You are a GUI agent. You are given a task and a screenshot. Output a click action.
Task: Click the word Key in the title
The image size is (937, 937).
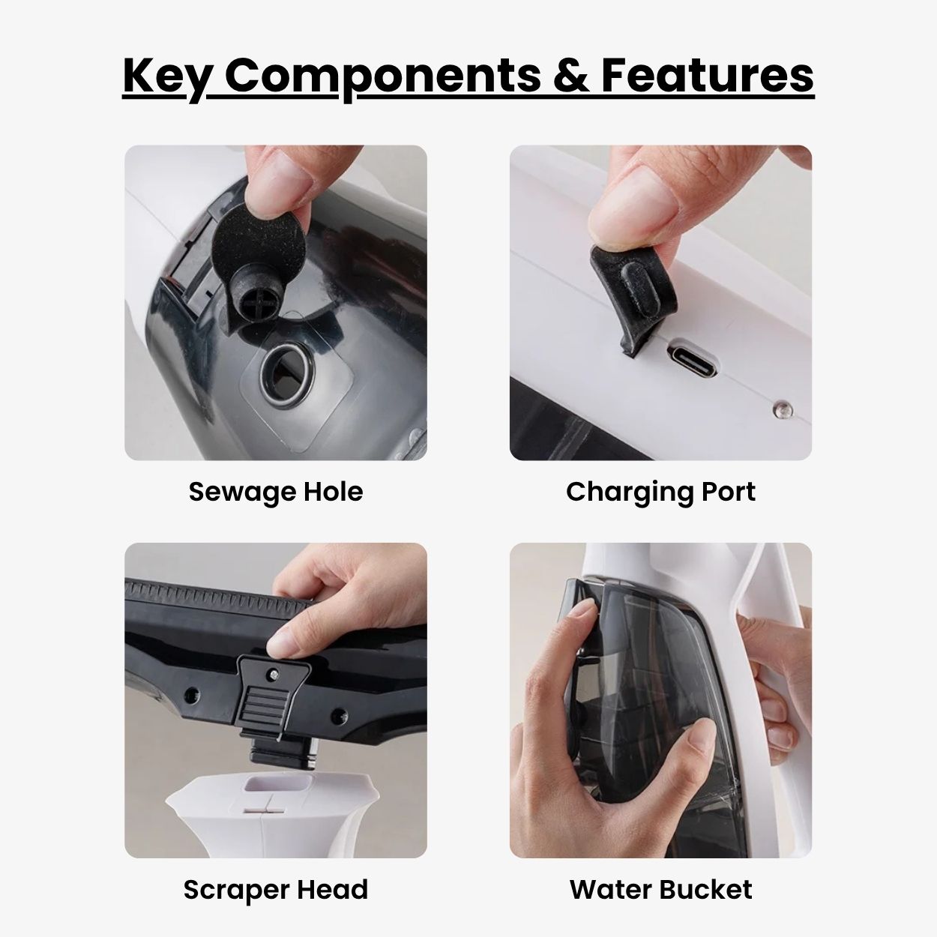click(x=165, y=76)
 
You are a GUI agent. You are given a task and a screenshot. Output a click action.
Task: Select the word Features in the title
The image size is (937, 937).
click(x=707, y=76)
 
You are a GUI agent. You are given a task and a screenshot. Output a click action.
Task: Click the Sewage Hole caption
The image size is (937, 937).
click(x=276, y=492)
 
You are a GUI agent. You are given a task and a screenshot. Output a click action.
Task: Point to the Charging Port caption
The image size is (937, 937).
click(x=660, y=492)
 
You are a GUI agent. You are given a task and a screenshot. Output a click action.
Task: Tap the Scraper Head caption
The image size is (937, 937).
click(x=276, y=890)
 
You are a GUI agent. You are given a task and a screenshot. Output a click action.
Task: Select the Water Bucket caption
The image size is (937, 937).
click(x=660, y=890)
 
